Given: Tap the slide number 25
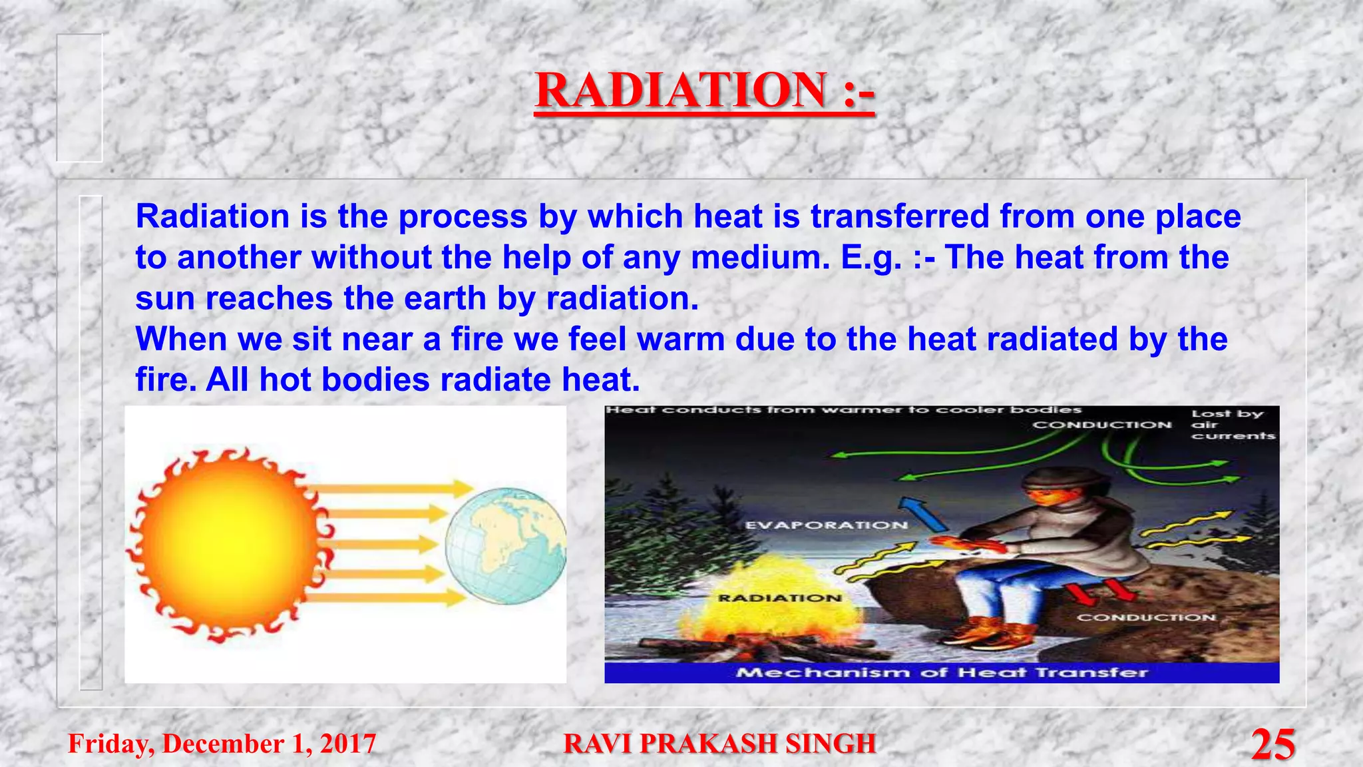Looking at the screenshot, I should pos(1272,744).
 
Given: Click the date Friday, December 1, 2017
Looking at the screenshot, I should pos(222,744).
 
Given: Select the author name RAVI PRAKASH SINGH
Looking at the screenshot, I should pos(719,744).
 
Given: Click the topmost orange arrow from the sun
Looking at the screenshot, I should pos(393,489).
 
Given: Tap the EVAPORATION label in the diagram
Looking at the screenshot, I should pos(826,525).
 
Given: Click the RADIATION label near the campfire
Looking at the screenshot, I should pos(779,598).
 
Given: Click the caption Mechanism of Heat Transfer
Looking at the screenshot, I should pos(941,672).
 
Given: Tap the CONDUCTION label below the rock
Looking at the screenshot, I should pos(1146,617).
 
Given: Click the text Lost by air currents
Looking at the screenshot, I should pos(1231,424).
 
